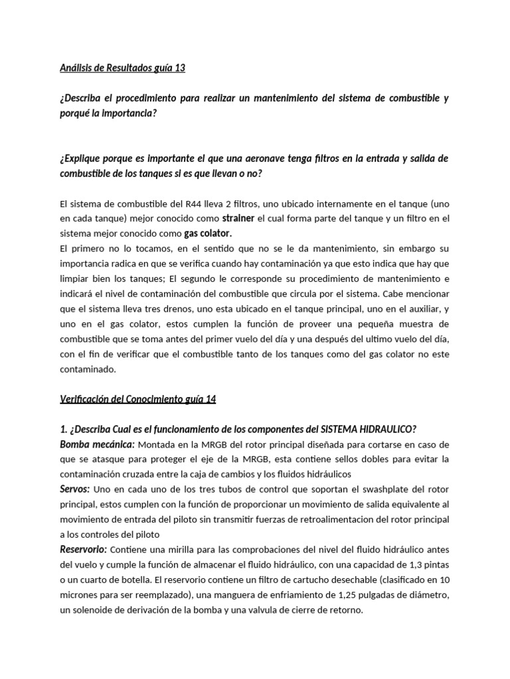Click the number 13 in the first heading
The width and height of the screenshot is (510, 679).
[178, 68]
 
